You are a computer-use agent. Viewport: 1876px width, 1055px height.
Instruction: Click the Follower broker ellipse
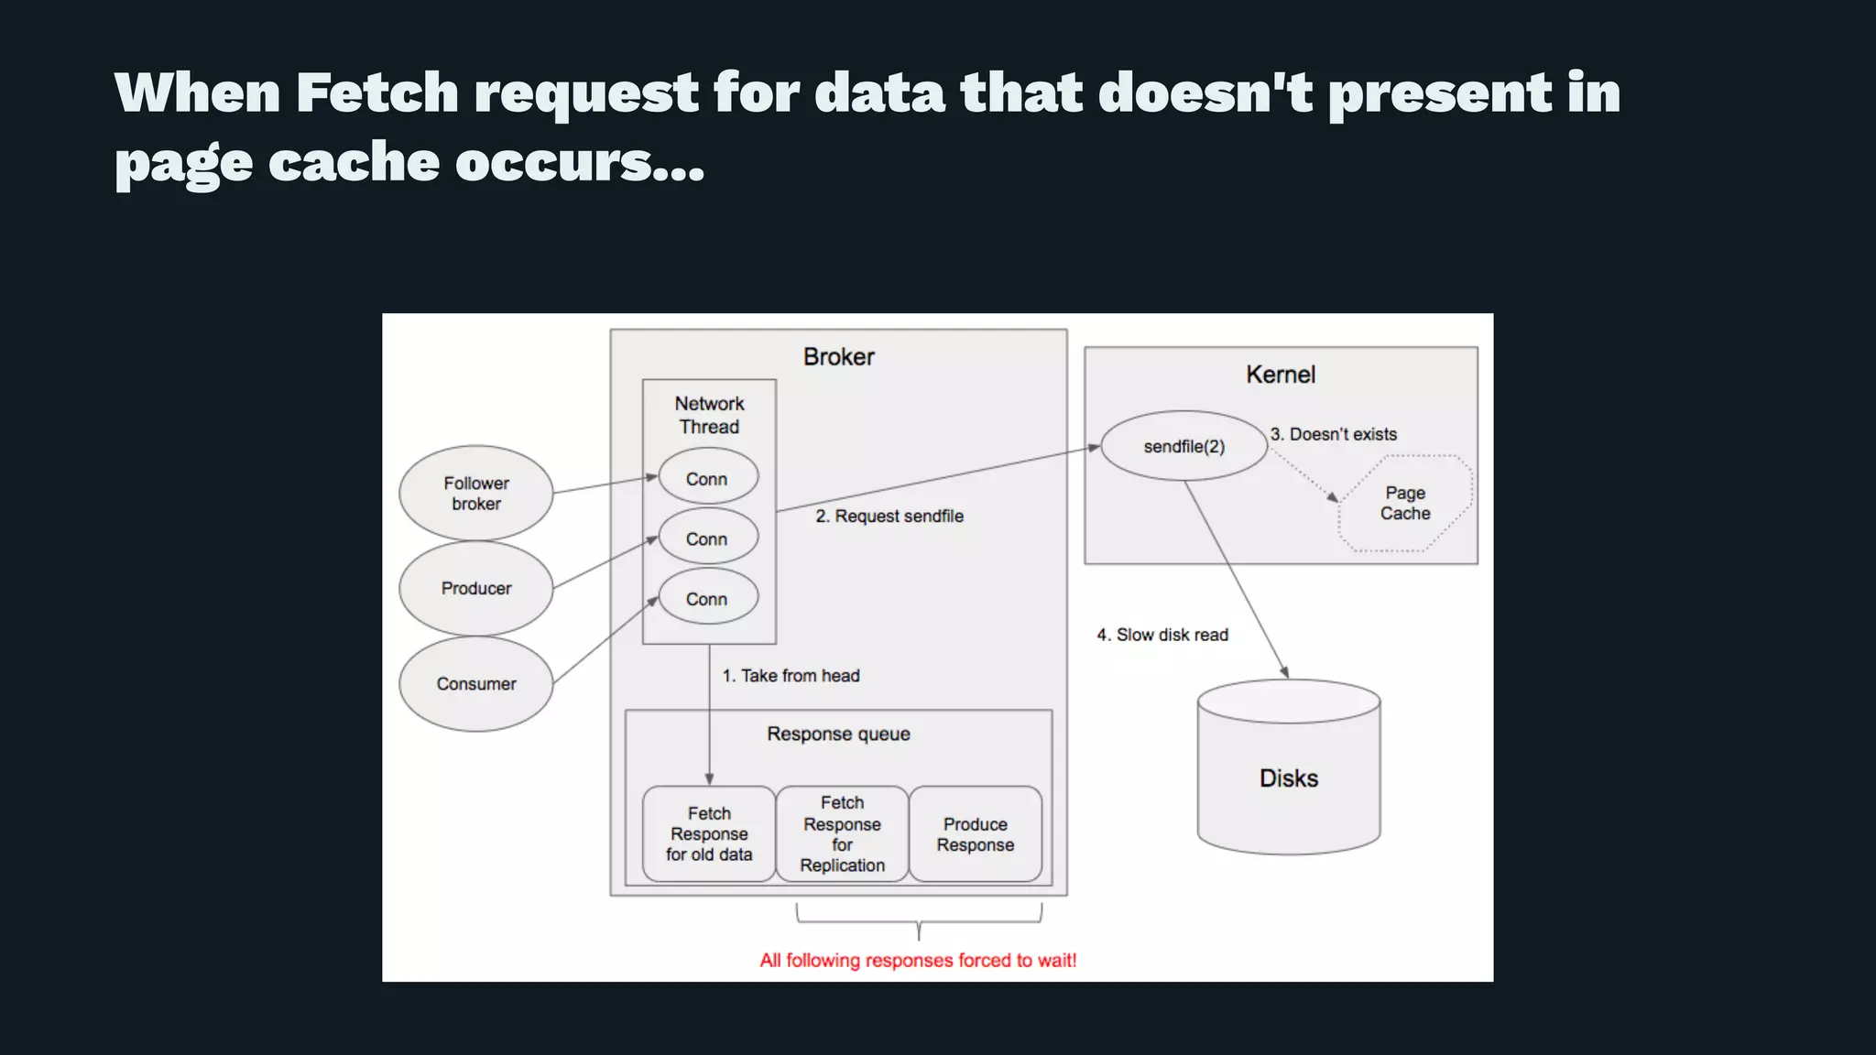click(x=475, y=493)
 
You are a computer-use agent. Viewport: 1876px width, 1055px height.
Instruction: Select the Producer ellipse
click(x=475, y=588)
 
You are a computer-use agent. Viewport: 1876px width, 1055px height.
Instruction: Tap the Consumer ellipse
click(x=475, y=684)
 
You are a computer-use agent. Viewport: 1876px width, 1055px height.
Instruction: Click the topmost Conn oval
click(x=707, y=478)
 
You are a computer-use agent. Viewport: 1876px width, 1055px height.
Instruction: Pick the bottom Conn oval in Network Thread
click(x=707, y=598)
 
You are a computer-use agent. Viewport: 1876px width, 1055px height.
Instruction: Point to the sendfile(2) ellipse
click(x=1183, y=446)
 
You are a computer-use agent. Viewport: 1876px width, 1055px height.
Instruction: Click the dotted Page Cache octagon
click(x=1405, y=503)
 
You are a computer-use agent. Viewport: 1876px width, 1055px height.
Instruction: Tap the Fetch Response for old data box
click(x=709, y=833)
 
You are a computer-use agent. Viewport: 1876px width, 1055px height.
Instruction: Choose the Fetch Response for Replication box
click(x=842, y=833)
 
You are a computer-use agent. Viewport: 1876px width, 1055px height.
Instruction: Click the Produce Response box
click(x=975, y=834)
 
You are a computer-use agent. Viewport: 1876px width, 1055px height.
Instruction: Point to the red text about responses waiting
click(x=918, y=960)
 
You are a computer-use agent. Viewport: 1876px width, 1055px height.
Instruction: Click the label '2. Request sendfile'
click(x=889, y=516)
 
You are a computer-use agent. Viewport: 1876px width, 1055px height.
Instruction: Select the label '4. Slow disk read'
click(x=1162, y=635)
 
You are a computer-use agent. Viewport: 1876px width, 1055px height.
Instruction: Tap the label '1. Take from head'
click(x=791, y=675)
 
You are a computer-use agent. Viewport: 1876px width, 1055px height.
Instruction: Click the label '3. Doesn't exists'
click(x=1334, y=434)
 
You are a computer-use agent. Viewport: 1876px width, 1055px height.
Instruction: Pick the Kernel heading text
click(x=1280, y=375)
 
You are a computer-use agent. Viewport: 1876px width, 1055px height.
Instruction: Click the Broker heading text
click(x=838, y=356)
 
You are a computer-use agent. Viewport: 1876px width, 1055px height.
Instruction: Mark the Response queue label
click(x=838, y=734)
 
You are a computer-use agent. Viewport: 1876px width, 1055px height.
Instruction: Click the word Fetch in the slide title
click(x=376, y=92)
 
